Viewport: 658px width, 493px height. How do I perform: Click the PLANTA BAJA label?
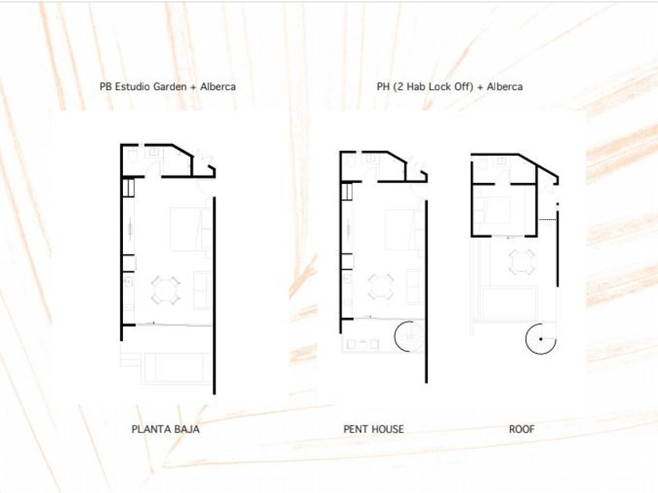point(165,430)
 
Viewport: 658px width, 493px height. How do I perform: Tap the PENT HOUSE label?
point(374,430)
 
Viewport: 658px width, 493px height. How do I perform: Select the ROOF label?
point(522,430)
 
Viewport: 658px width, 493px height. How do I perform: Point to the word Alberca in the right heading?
point(504,87)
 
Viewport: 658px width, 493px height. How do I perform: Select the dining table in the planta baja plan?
point(166,290)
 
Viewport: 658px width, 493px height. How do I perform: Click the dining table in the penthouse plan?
point(381,286)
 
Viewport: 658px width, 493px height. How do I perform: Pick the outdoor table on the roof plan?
point(522,261)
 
